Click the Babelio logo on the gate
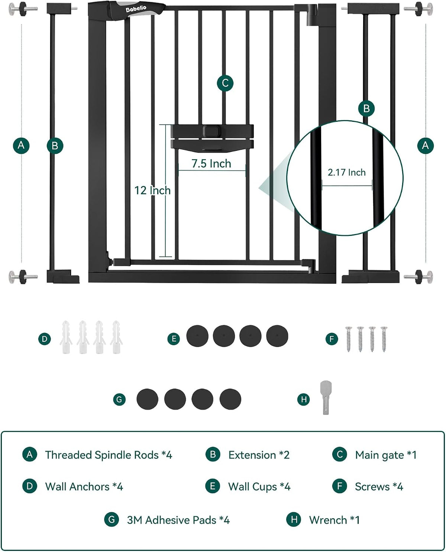136,9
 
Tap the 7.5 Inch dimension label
211,163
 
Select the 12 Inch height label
152,191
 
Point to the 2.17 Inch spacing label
346,172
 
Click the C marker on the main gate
225,83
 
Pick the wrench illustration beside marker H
326,397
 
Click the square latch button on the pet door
211,131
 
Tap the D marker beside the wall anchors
45,339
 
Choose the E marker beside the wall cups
174,339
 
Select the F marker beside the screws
332,339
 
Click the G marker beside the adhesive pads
119,399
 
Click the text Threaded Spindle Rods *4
109,455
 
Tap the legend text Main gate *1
386,455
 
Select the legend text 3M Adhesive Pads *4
178,520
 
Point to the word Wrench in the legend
328,520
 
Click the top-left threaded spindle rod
23,9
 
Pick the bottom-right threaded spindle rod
418,277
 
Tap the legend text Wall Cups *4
259,487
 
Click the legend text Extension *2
259,455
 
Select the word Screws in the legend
372,487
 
